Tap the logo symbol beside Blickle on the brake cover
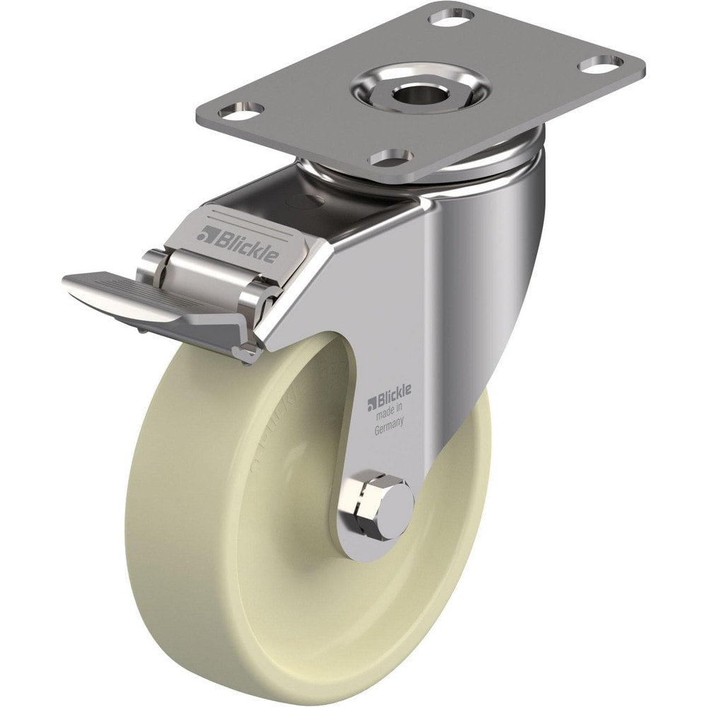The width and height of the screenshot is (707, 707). (x=206, y=233)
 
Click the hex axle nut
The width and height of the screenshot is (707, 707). (x=380, y=503)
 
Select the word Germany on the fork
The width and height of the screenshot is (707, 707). (x=390, y=424)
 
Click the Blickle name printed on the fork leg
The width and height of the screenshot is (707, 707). (x=394, y=402)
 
